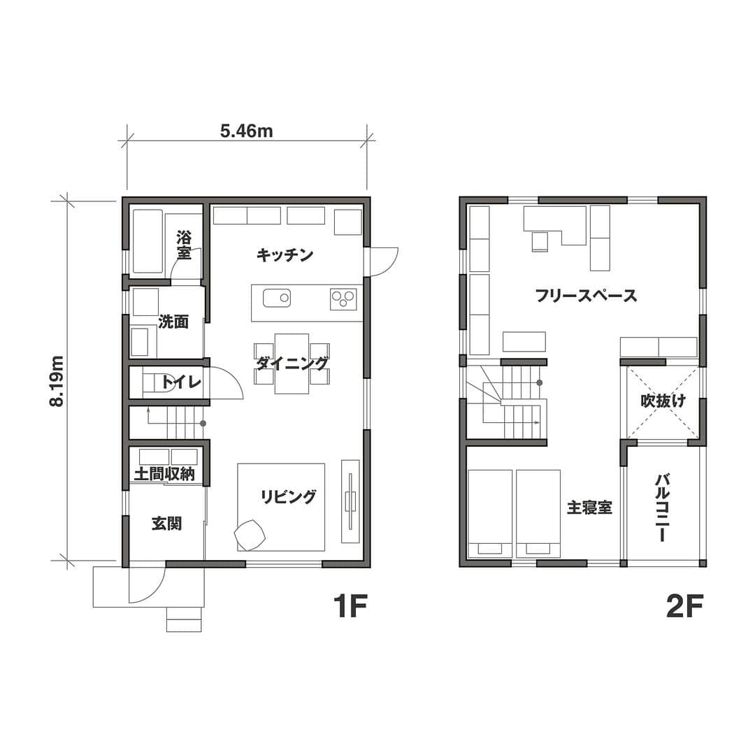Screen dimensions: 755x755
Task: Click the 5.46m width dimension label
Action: [247, 131]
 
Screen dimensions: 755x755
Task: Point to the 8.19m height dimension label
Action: [57, 382]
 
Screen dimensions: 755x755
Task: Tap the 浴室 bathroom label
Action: [184, 245]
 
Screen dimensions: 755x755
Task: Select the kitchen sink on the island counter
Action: [276, 298]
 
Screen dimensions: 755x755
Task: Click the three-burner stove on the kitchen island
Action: [343, 299]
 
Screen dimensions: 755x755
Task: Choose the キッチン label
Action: [285, 254]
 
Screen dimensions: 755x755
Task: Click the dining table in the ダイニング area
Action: [292, 364]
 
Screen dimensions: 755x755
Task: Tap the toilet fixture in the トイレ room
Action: [157, 382]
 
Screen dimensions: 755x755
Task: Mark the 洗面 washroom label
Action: [173, 322]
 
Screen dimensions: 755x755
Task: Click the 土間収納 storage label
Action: [165, 474]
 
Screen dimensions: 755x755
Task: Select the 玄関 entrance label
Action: [166, 523]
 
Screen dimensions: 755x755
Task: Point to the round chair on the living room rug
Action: [250, 533]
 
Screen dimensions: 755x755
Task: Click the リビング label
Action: [289, 496]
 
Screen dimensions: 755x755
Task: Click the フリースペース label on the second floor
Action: [586, 295]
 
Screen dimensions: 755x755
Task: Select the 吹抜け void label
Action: [663, 401]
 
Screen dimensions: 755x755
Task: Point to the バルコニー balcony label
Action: [663, 508]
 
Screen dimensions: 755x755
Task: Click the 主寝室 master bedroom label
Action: [589, 507]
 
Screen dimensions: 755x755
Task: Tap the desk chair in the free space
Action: [540, 241]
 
